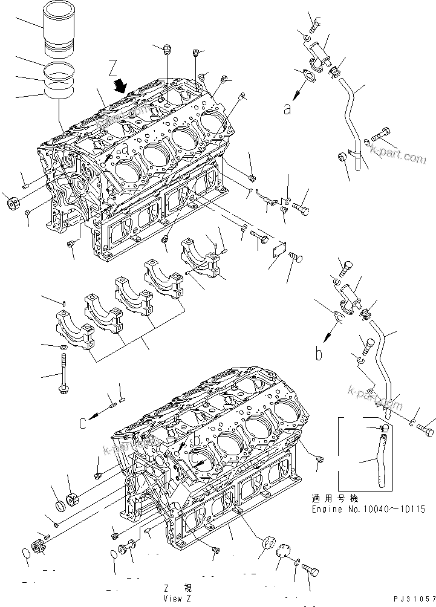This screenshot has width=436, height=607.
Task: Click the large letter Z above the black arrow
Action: click(113, 67)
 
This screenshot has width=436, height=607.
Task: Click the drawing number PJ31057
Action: click(408, 597)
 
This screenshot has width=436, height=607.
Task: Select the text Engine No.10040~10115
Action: click(368, 509)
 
